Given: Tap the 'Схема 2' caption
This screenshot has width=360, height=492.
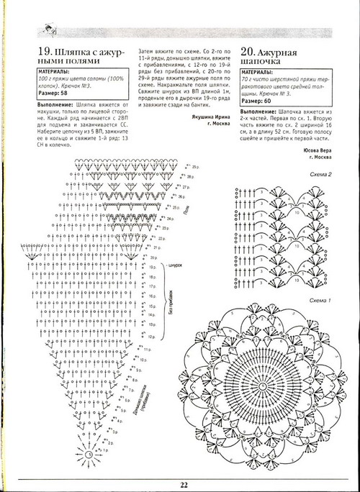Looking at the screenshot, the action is coord(320,175).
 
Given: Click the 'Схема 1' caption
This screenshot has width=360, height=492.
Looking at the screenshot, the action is coord(320,299).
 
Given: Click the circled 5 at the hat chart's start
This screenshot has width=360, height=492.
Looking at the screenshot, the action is coord(89,454).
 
